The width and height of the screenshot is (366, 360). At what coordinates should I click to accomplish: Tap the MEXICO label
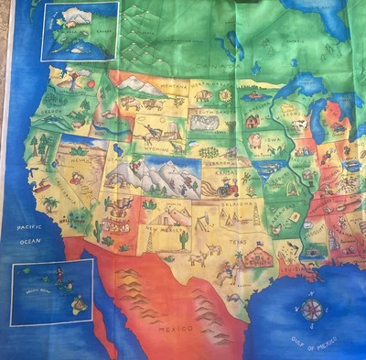174,326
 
